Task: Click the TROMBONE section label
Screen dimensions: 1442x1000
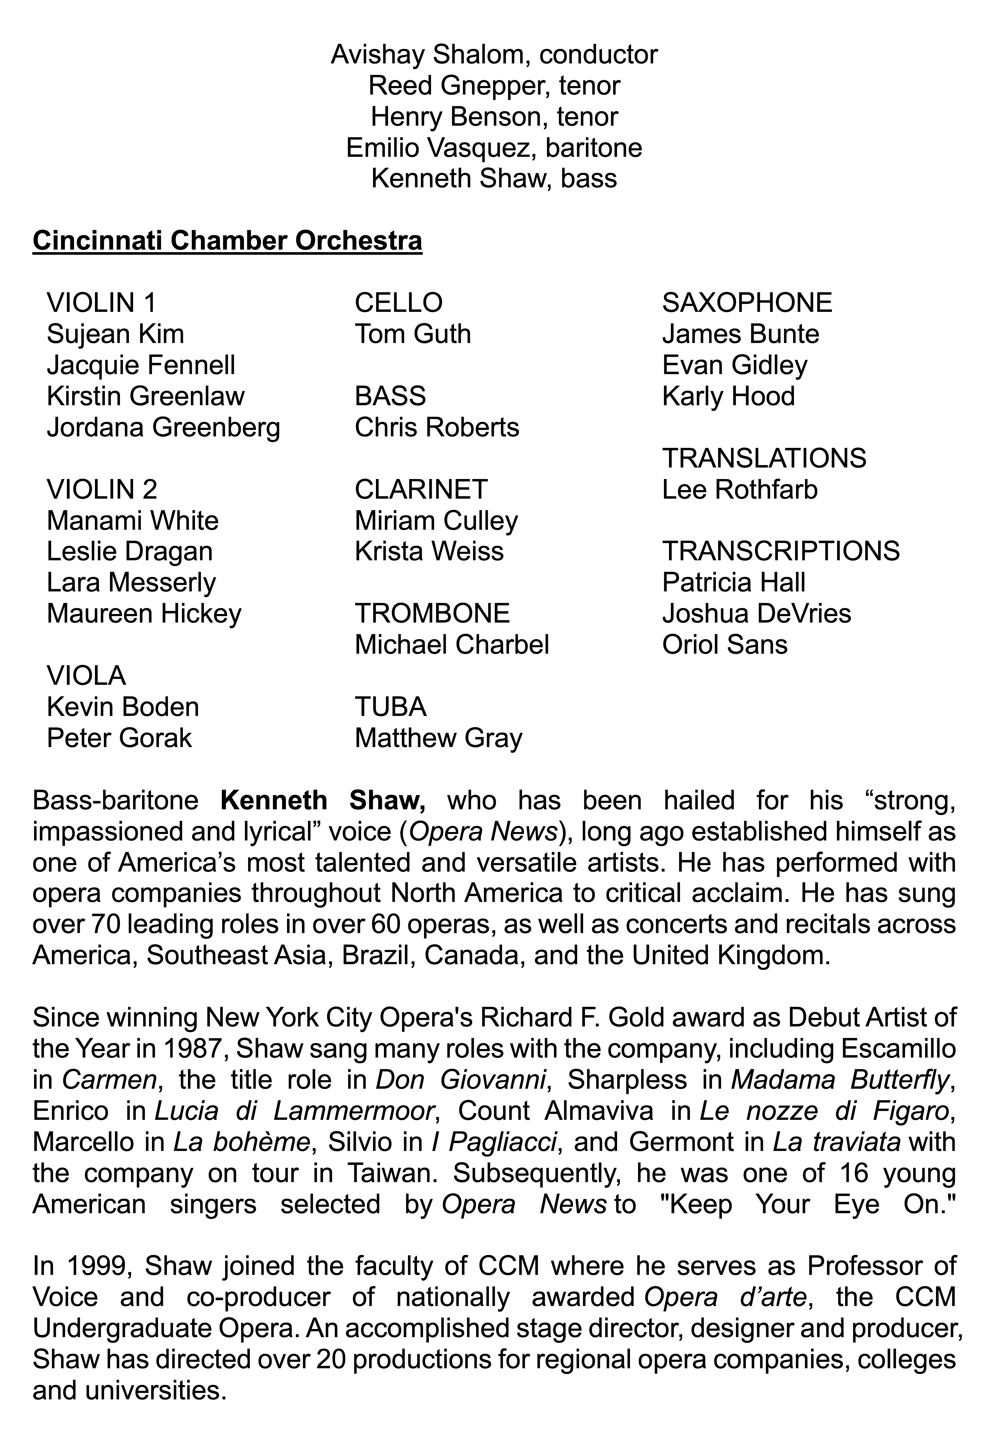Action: click(x=432, y=613)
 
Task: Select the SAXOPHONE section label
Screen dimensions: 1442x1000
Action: click(x=747, y=303)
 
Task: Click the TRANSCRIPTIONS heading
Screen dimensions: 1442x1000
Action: click(x=781, y=551)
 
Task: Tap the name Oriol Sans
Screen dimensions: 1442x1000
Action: click(x=725, y=645)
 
